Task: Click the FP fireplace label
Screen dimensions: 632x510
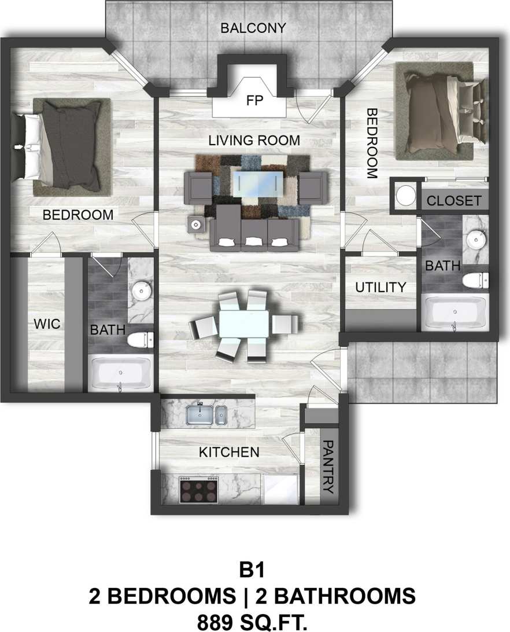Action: (254, 101)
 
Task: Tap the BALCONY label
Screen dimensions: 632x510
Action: (253, 28)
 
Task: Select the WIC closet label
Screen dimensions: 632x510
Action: (46, 324)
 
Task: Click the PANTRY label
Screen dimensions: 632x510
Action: (328, 466)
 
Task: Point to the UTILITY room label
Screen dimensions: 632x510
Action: (380, 287)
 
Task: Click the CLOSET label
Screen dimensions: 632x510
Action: (454, 201)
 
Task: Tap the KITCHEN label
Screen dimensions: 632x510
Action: (229, 452)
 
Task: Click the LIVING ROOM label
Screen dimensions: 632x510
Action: (254, 140)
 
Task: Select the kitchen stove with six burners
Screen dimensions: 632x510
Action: (198, 490)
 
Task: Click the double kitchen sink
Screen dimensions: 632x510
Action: (206, 414)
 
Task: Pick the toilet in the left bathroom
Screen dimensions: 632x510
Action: (140, 340)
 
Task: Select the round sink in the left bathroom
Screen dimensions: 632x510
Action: (141, 291)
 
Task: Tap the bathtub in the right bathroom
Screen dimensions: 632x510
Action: (455, 313)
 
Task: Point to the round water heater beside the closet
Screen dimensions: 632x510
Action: (406, 195)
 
